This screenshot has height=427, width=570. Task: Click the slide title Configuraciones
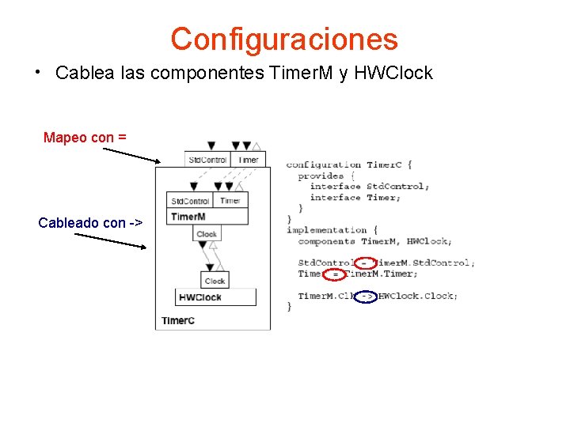284,39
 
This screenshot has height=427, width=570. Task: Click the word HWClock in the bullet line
393,74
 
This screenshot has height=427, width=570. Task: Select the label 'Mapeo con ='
85,138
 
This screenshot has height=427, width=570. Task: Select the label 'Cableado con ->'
90,223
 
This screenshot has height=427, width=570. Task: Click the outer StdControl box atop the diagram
207,160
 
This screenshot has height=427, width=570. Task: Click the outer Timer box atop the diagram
248,160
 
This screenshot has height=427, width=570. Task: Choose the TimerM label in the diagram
188,217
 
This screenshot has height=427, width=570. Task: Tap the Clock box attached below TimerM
207,234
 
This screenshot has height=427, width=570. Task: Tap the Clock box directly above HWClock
215,281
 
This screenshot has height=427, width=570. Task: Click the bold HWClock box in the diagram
215,297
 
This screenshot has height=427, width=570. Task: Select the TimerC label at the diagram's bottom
177,320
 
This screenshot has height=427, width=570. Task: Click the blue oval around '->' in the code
366,297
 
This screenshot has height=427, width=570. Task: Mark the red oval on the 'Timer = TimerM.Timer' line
336,274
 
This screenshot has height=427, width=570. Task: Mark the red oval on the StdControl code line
364,263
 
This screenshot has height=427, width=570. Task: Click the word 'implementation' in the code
321,230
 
